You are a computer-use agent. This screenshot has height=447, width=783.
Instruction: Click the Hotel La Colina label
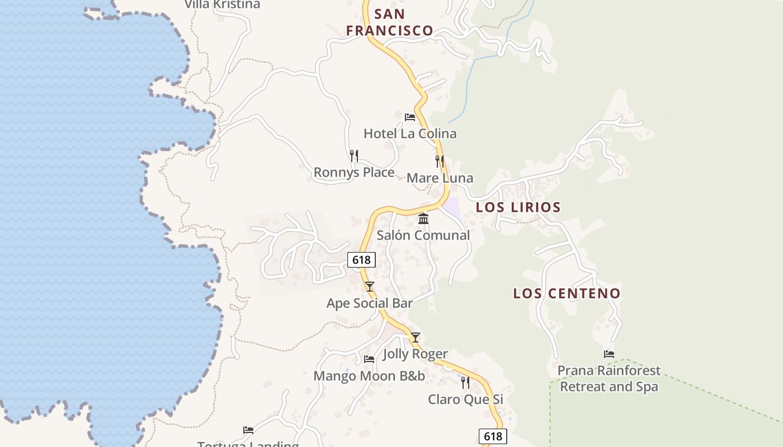(x=410, y=134)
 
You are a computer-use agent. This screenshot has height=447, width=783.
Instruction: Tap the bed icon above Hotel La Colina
(x=410, y=117)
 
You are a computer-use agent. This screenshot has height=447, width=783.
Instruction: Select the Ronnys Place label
(x=354, y=172)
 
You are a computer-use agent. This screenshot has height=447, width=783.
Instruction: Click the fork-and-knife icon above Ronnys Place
(x=354, y=156)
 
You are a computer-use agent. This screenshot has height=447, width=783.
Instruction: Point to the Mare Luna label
(x=440, y=178)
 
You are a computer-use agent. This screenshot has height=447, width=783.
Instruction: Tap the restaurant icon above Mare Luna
(x=440, y=161)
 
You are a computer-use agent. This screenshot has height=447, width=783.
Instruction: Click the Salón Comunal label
(x=423, y=235)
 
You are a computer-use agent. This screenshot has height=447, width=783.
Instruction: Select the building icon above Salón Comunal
(x=423, y=218)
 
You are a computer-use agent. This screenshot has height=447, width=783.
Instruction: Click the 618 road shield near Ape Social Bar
(x=361, y=260)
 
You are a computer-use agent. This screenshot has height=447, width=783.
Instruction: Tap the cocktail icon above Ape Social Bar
(x=370, y=287)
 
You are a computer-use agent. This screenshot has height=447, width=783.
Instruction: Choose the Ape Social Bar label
(x=370, y=303)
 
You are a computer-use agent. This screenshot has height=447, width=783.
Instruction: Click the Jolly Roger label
(x=415, y=354)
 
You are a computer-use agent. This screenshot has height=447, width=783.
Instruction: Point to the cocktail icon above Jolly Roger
(x=416, y=337)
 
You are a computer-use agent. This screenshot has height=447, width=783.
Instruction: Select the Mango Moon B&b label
(x=369, y=376)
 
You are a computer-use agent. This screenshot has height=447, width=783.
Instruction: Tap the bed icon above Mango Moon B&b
(x=369, y=359)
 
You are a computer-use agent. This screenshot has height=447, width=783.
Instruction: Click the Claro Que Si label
(x=465, y=400)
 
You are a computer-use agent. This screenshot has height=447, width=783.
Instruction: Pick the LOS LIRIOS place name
(x=518, y=207)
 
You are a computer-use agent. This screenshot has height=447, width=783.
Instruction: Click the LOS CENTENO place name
(x=567, y=293)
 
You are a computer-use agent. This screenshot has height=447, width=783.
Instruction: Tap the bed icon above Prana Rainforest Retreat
(x=609, y=354)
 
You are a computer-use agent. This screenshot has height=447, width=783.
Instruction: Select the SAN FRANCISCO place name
(x=390, y=22)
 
